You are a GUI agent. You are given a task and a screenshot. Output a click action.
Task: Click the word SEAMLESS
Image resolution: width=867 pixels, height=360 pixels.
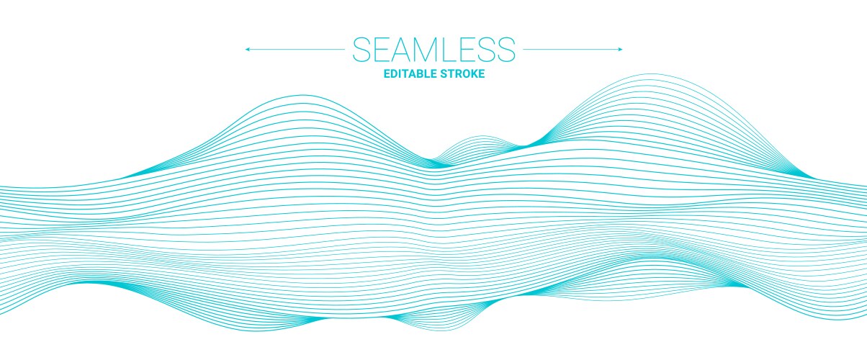coord(433,49)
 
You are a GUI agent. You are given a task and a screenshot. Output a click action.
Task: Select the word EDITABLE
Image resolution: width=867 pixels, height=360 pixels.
coord(410,74)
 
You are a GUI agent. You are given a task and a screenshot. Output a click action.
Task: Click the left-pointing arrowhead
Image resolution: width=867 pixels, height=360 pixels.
coord(247,49)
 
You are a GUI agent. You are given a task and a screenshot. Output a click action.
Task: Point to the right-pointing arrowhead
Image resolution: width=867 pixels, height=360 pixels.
coord(620,49)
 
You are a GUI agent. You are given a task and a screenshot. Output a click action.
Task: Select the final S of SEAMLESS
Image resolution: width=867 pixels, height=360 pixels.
coord(506,49)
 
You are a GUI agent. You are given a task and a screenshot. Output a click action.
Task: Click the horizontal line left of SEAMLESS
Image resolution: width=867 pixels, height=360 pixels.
coord(295,49)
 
